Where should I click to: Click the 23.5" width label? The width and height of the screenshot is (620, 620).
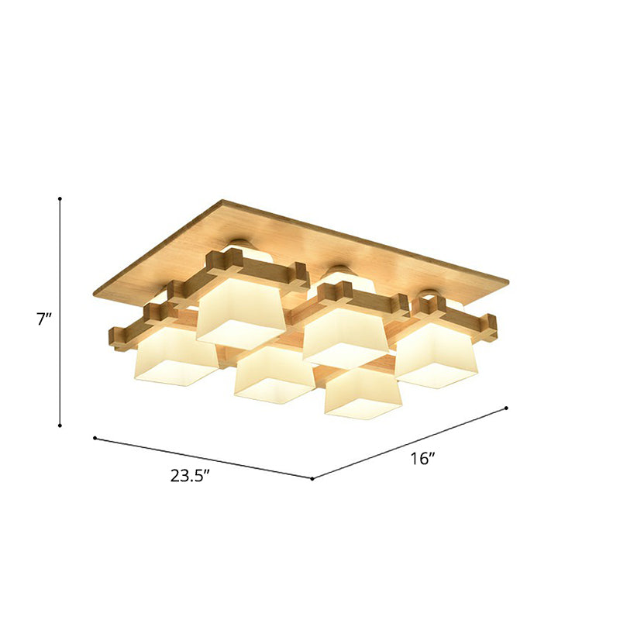[x=191, y=476]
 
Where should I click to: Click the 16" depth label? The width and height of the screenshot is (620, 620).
[x=422, y=459]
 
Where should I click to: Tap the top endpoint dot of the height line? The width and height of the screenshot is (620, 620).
[x=60, y=199]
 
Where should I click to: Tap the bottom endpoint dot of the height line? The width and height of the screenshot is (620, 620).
[x=60, y=425]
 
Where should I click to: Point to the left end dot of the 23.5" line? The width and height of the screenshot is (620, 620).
[x=95, y=439]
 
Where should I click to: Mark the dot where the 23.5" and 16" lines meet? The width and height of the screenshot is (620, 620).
[x=312, y=479]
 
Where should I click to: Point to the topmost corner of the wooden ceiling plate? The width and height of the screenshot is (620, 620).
[x=224, y=201]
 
